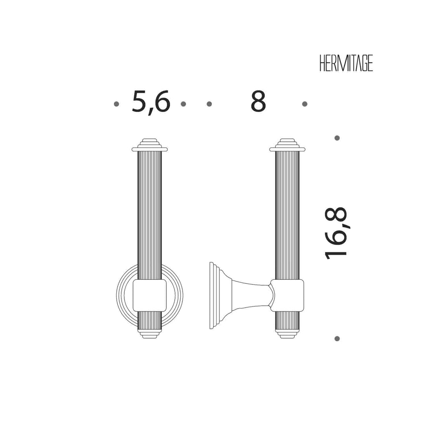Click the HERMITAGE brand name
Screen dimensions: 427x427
346,63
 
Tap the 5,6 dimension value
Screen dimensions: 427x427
151,102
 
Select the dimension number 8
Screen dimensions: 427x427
258,101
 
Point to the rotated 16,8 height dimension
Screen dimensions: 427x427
336,233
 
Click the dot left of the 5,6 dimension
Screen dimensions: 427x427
116,104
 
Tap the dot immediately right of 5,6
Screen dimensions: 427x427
183,104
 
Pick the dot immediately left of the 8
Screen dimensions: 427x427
209,104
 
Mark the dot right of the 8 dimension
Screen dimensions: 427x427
305,104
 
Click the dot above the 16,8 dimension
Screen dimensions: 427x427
337,138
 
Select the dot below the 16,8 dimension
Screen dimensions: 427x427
337,339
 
